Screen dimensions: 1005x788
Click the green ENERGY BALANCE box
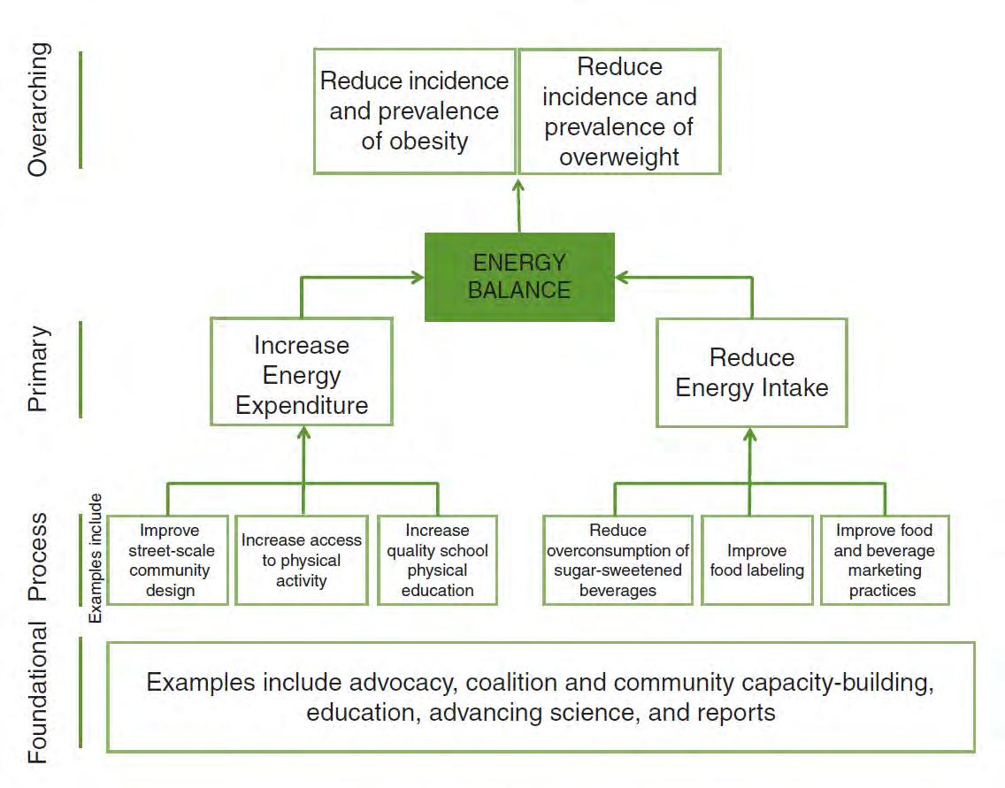point(519,276)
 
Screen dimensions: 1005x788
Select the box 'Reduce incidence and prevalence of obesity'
point(414,111)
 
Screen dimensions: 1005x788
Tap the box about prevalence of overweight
point(619,111)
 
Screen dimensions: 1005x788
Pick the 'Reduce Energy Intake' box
point(751,372)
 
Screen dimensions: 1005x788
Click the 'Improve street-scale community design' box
point(168,560)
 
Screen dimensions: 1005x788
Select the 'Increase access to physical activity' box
point(302,560)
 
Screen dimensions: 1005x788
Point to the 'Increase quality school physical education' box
point(437,560)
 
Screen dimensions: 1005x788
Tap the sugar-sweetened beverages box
point(618,560)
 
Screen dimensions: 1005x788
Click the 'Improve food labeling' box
point(756,560)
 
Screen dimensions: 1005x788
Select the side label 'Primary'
point(40,369)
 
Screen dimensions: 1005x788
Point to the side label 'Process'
point(40,558)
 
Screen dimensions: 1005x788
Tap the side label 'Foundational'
point(40,692)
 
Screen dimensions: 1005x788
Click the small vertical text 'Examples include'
point(96,557)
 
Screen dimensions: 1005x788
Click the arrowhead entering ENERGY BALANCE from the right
point(622,277)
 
